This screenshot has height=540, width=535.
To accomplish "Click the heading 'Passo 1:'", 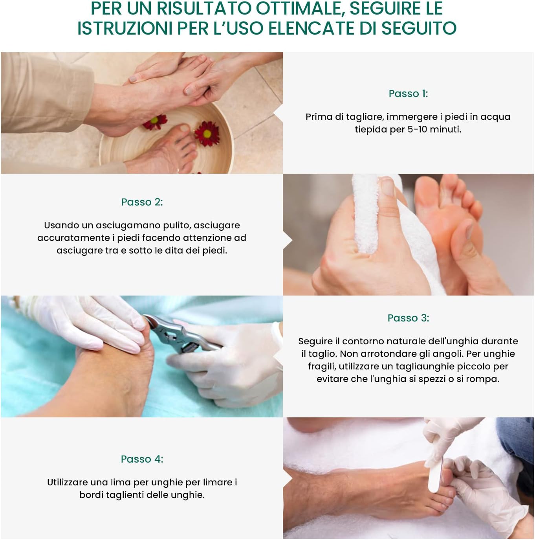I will (408, 94).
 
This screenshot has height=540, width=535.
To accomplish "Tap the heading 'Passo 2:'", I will (142, 202).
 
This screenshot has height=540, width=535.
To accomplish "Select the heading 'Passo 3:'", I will (408, 318).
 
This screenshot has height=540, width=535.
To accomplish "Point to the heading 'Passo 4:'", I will (142, 459).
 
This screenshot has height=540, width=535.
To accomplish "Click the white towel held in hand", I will (369, 216).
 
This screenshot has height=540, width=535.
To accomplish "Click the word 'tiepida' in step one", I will (370, 129).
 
